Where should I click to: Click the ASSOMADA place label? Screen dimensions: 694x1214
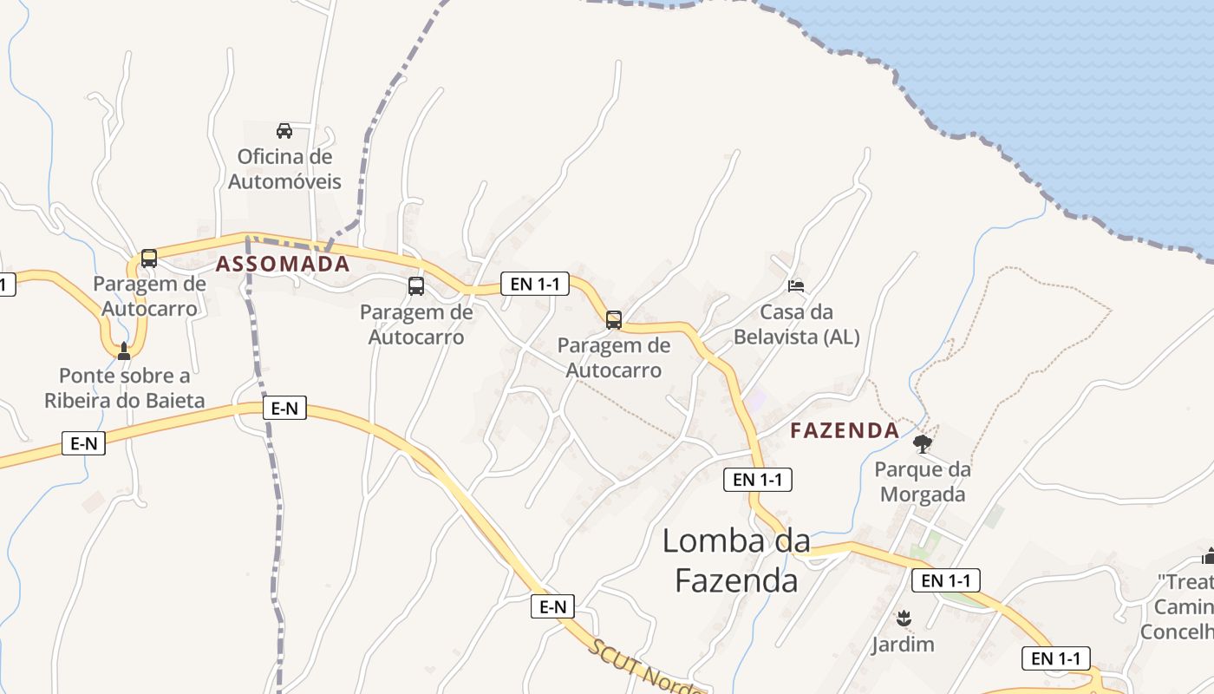pyautogui.click(x=283, y=265)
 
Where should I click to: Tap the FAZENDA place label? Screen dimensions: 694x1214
pyautogui.click(x=845, y=430)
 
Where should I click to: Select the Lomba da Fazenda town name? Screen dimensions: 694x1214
pyautogui.click(x=736, y=560)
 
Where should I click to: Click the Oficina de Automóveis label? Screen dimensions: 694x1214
pyautogui.click(x=284, y=169)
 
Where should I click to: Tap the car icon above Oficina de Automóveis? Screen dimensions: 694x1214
pyautogui.click(x=284, y=131)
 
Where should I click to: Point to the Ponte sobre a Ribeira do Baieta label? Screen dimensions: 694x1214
pyautogui.click(x=125, y=388)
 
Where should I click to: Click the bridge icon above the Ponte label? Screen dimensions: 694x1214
pyautogui.click(x=123, y=350)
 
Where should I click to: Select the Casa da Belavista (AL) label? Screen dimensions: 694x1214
pyautogui.click(x=796, y=324)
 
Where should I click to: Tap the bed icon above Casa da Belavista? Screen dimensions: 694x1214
pyautogui.click(x=795, y=285)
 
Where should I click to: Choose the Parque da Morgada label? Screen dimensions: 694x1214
pyautogui.click(x=922, y=481)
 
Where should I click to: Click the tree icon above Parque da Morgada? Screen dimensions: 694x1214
pyautogui.click(x=923, y=445)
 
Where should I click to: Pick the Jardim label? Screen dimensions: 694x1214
pyautogui.click(x=903, y=644)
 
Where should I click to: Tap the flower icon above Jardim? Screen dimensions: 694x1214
pyautogui.click(x=904, y=618)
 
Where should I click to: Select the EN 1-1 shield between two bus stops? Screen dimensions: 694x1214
pyautogui.click(x=535, y=284)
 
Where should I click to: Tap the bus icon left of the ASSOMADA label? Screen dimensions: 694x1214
pyautogui.click(x=149, y=258)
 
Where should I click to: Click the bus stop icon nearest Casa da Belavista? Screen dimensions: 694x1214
pyautogui.click(x=614, y=319)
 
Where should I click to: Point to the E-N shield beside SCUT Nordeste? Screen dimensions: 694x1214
pyautogui.click(x=553, y=606)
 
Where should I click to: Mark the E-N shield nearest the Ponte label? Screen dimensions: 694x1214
pyautogui.click(x=83, y=443)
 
